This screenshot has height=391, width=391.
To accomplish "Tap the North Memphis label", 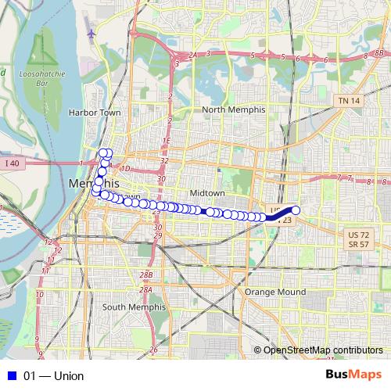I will (234, 109).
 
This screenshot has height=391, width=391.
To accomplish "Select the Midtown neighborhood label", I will (207, 192).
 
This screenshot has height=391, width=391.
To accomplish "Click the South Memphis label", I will (135, 307).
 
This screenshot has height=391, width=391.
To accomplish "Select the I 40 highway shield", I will (11, 163).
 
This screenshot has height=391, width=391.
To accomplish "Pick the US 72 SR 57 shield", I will (358, 239).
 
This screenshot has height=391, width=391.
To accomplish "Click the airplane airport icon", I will (92, 34).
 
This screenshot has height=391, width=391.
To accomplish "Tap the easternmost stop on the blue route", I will (296, 210).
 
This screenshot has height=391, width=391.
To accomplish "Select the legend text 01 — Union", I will (53, 376).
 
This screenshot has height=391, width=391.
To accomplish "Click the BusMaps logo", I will (354, 376).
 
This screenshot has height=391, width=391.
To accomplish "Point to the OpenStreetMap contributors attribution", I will (322, 350).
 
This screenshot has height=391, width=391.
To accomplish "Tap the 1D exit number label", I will (124, 168).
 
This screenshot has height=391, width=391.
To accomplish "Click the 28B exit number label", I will (146, 275).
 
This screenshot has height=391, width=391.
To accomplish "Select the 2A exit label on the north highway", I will (192, 54).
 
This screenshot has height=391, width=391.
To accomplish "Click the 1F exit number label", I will (165, 141).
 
